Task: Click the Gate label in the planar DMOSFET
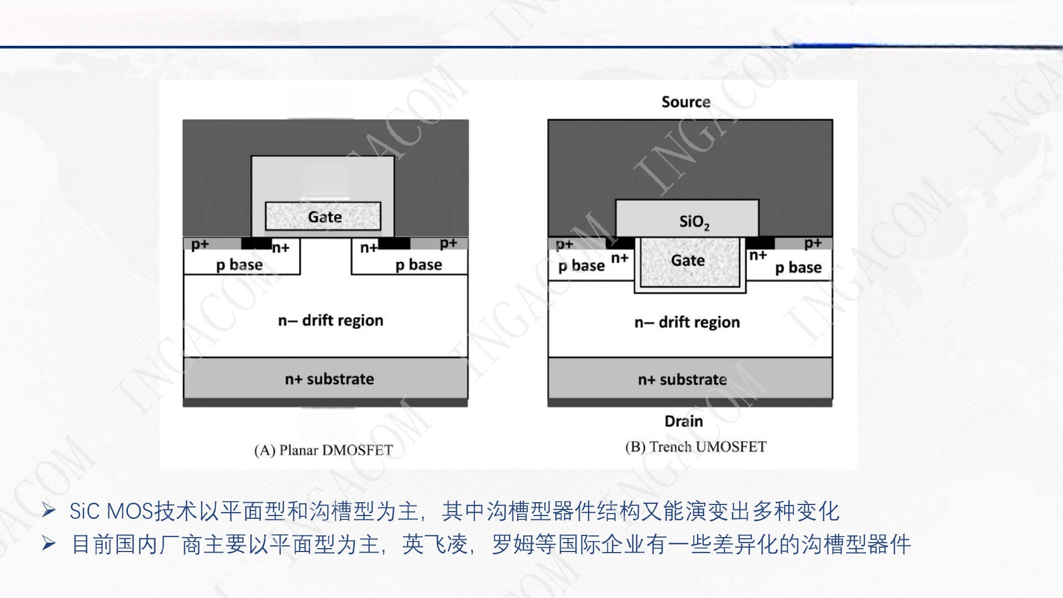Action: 324,217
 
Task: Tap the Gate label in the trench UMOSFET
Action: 688,260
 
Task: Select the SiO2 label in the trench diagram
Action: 694,223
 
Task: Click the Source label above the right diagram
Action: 685,102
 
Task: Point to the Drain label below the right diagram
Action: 684,421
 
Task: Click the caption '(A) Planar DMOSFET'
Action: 323,450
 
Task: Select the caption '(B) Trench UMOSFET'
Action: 696,447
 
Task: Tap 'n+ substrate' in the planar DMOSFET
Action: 329,379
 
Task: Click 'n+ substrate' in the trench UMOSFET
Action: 682,380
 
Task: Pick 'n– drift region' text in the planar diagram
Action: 331,321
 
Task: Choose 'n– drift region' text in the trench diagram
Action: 687,322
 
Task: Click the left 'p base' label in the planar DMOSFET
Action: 239,265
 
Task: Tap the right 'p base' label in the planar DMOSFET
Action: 419,265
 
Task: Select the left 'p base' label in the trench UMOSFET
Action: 581,266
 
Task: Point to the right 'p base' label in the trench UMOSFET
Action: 798,268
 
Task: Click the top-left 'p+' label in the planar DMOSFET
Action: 200,245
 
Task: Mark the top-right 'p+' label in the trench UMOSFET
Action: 813,244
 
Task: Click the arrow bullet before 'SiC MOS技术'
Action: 49,511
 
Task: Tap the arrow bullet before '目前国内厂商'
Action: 49,544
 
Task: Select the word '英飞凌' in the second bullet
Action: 435,545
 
